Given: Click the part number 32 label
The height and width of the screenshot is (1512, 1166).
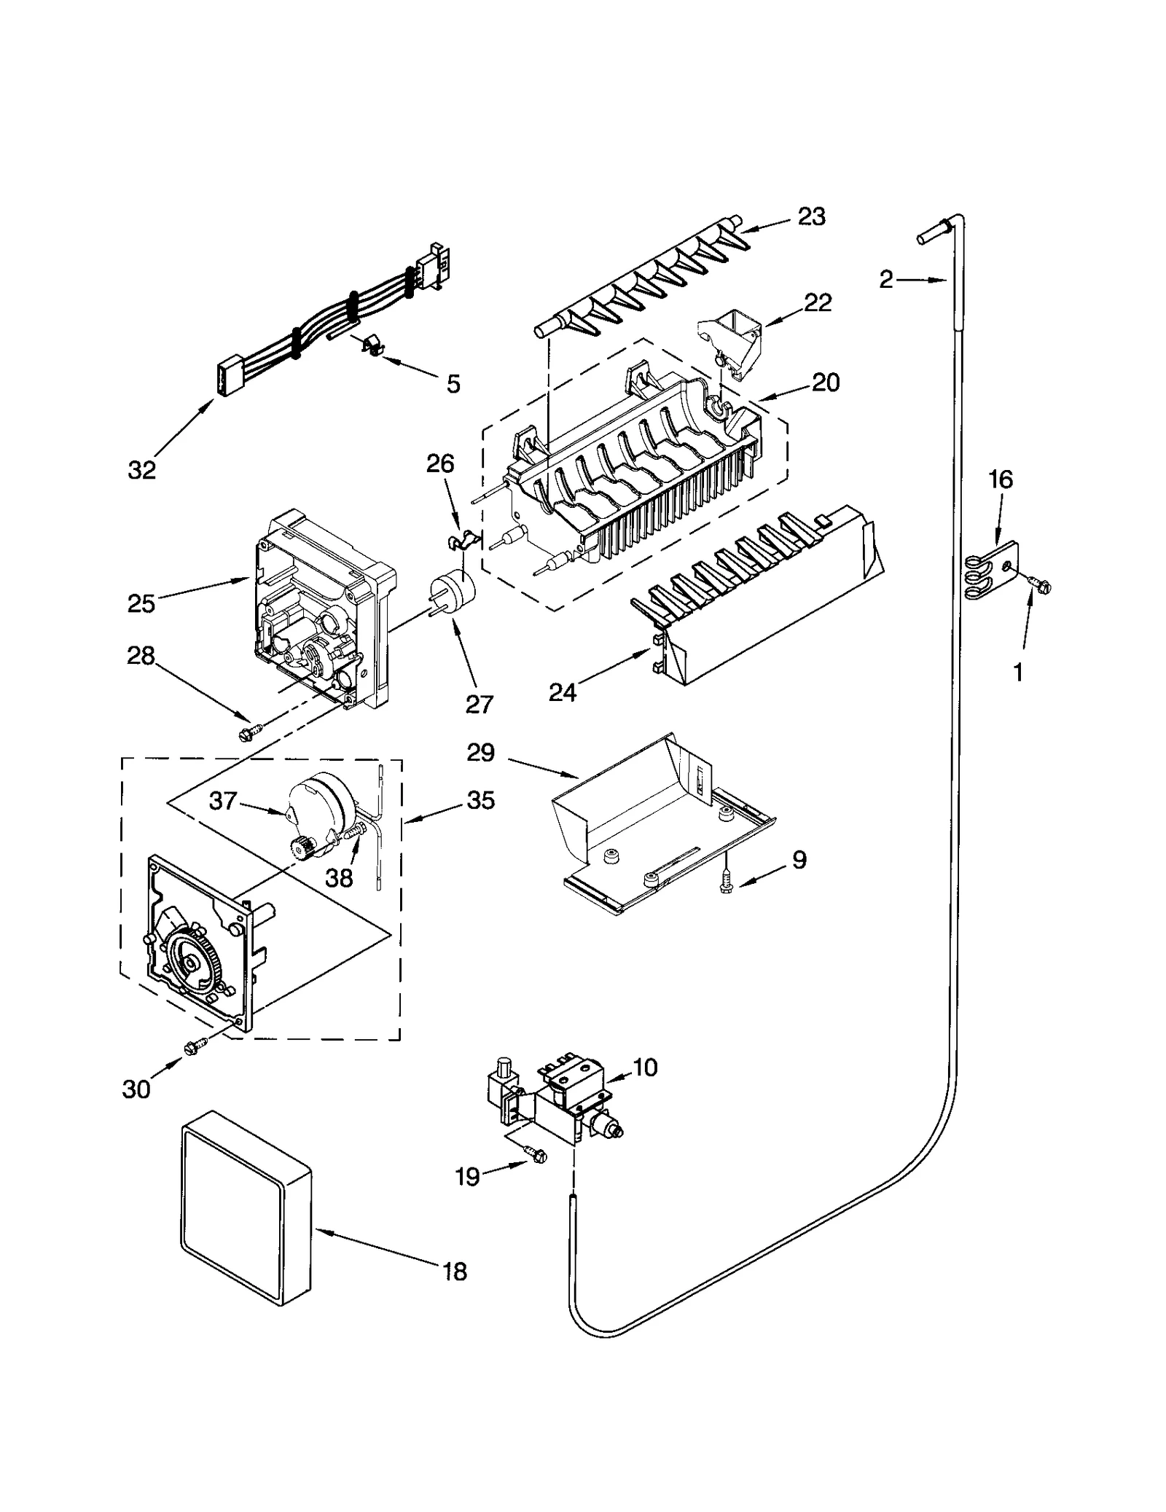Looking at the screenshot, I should pos(142,470).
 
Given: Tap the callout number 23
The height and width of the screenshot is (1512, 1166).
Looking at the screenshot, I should pos(811,216).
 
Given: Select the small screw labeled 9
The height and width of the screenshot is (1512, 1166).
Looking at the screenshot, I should pos(725,883).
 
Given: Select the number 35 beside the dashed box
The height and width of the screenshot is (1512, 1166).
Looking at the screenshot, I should pos(480,800).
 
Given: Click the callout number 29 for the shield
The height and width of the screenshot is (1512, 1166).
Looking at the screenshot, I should pos(481,753).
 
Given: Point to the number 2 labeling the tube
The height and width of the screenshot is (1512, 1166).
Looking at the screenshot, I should pos(886,279).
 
